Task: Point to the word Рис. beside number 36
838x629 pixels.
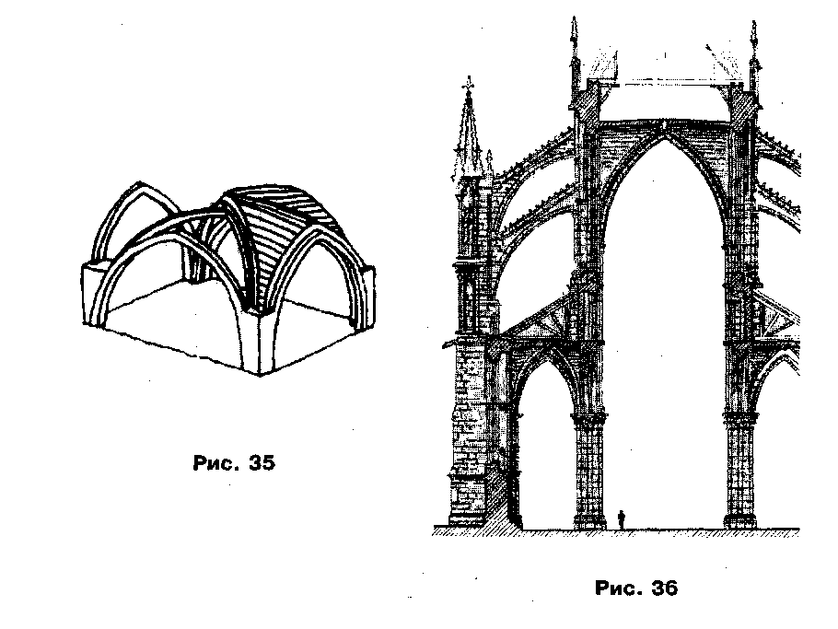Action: [618, 588]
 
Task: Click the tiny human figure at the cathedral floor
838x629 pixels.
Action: [622, 520]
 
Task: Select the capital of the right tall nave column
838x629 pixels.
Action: [739, 420]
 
